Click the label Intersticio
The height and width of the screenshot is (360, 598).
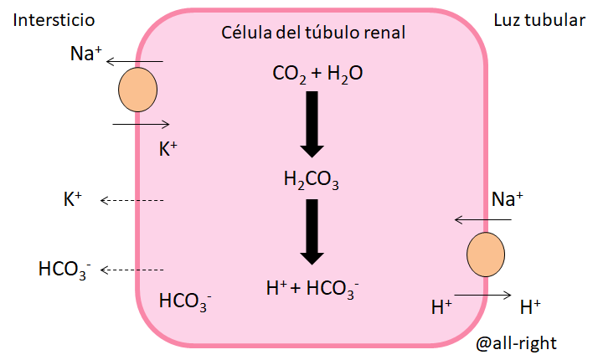point(54,20)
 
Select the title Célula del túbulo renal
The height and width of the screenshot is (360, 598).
point(313,33)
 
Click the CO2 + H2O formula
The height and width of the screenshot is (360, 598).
point(317,75)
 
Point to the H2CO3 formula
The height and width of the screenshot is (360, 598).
point(312,178)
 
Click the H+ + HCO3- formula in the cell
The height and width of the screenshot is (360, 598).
point(312,287)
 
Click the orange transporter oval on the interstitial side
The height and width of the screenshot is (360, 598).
point(137,90)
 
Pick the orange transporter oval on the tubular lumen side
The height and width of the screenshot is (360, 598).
point(486,255)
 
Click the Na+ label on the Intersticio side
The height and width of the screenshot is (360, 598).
point(85,55)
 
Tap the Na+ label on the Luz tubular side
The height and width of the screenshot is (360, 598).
point(507,198)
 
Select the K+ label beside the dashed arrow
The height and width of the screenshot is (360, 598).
point(73,199)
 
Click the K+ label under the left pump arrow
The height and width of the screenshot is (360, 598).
point(168,149)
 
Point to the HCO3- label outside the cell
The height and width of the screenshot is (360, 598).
point(64,270)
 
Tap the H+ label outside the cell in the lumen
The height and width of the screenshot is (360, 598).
point(530,306)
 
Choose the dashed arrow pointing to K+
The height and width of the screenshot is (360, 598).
point(131,200)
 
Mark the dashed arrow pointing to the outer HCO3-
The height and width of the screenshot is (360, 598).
point(131,270)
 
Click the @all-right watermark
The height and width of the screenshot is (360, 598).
point(516,342)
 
